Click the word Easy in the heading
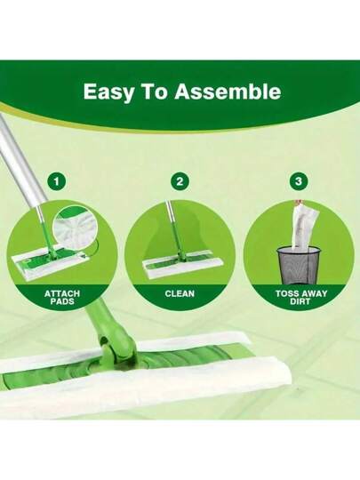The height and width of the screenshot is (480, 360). click(108, 92)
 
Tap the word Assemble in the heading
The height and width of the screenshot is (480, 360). click(228, 91)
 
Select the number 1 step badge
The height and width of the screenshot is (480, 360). click(57, 181)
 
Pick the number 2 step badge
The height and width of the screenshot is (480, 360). click(180, 181)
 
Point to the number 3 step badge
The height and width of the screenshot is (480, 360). click(299, 181)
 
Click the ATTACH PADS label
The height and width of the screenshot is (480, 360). click(62, 298)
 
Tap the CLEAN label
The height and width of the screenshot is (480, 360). click(180, 294)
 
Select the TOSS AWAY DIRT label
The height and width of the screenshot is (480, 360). click(301, 298)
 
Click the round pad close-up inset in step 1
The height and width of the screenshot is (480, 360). click(75, 224)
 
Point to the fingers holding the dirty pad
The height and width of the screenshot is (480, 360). click(296, 203)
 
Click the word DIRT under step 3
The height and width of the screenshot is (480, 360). click(301, 301)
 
